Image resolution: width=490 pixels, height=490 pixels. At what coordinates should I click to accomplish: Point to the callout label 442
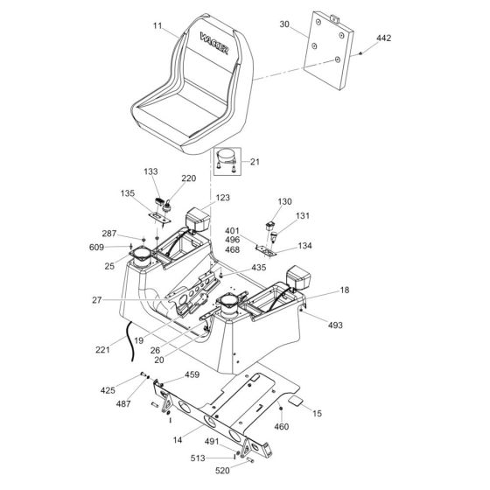click(384, 39)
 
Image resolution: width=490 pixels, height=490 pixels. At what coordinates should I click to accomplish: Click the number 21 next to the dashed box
click(255, 161)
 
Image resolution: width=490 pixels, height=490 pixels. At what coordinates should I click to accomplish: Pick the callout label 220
click(188, 178)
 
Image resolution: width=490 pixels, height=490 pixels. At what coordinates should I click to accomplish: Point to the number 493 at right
click(336, 325)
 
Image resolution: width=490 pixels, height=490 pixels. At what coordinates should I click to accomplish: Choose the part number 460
click(281, 426)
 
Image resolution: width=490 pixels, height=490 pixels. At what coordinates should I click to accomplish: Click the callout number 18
click(345, 290)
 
